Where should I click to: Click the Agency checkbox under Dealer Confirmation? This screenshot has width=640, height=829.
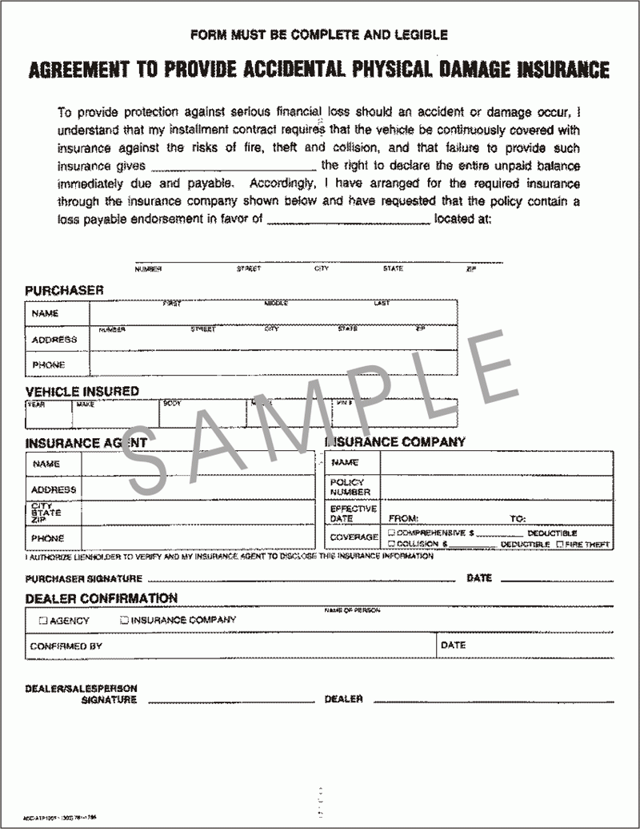[43, 620]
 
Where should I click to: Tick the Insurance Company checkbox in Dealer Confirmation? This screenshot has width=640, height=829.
[124, 619]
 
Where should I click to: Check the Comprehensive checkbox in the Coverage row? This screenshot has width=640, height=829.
[391, 532]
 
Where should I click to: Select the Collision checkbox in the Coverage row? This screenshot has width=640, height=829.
[391, 544]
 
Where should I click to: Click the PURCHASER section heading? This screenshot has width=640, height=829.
[64, 290]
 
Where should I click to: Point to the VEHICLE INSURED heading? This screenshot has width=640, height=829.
[82, 391]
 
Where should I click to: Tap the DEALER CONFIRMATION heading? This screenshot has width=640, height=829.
[101, 598]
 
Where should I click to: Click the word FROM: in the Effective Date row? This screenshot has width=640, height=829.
[403, 518]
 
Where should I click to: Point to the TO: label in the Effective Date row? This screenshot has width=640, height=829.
[518, 518]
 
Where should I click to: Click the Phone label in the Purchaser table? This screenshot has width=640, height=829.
[48, 365]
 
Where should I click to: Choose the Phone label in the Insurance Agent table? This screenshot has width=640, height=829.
[48, 538]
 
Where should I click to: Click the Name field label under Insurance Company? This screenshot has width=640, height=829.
[345, 463]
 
